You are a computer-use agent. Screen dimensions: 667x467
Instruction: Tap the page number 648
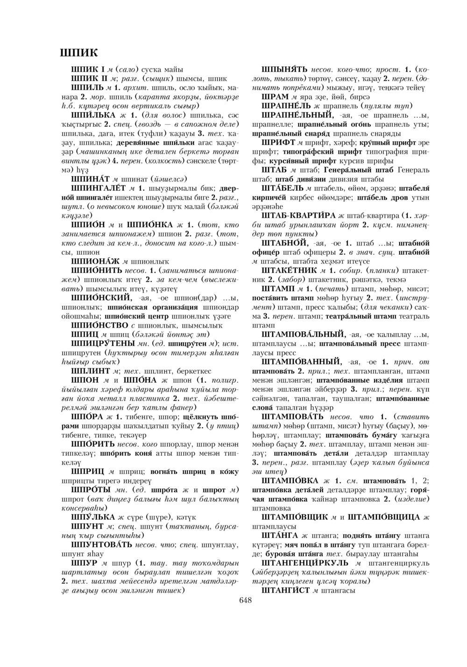(x=245, y=601)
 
